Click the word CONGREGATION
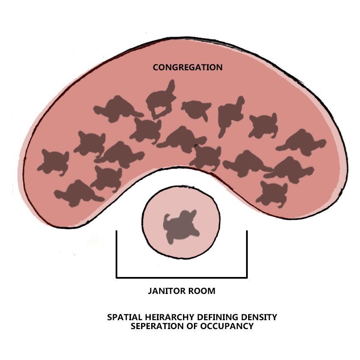tap(187, 67)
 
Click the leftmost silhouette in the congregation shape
tap(53, 162)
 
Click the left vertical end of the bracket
tap(116, 254)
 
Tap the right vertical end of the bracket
tap(246, 254)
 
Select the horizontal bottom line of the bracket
tap(181, 278)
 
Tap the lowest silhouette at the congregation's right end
tap(273, 193)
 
